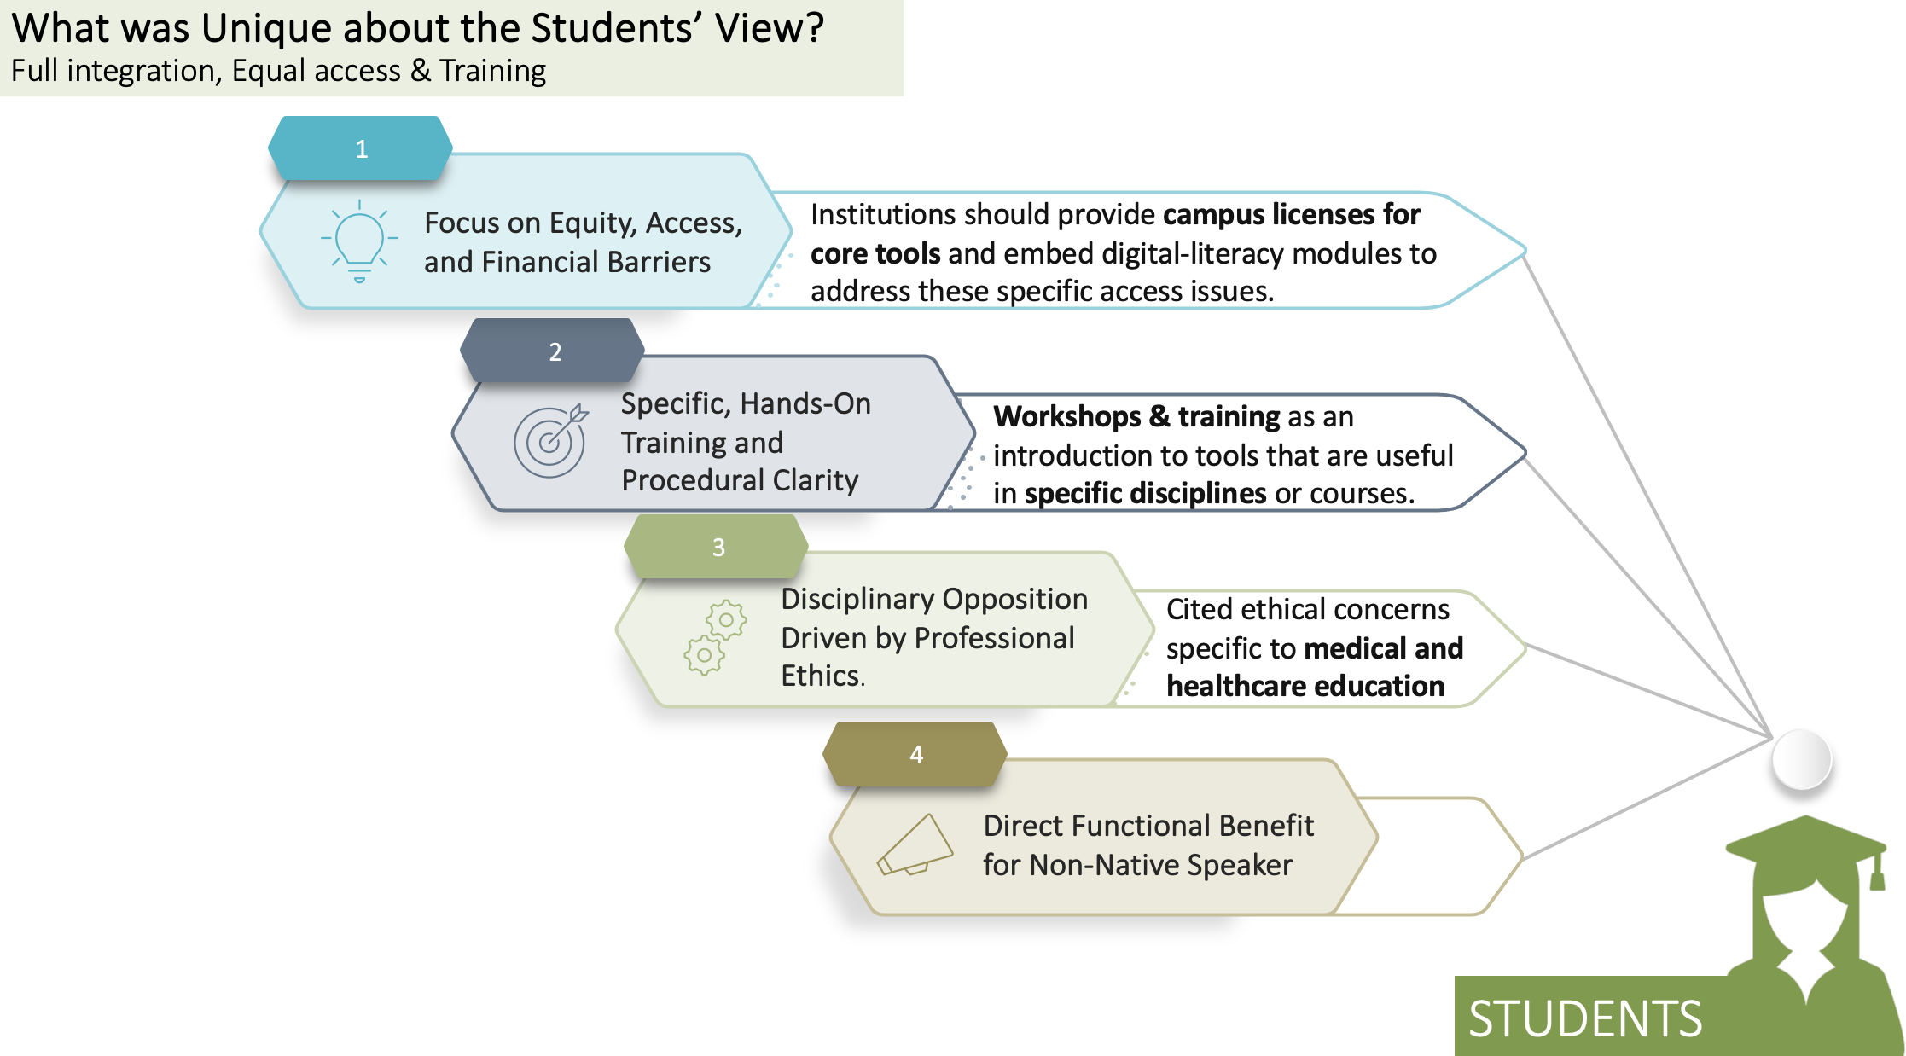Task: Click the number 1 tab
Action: coord(361,148)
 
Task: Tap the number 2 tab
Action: coord(555,351)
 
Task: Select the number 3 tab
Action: coord(718,546)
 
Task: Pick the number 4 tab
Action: coord(915,754)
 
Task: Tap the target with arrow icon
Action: coord(551,440)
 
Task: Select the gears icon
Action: coord(715,637)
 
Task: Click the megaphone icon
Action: coord(914,845)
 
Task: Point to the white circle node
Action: coord(1801,758)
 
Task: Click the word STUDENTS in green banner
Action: coord(1584,1018)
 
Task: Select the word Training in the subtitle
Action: coord(492,71)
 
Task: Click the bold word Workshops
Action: coord(1066,416)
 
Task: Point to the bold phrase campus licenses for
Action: coord(1291,214)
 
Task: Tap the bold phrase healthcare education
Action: coord(1305,686)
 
